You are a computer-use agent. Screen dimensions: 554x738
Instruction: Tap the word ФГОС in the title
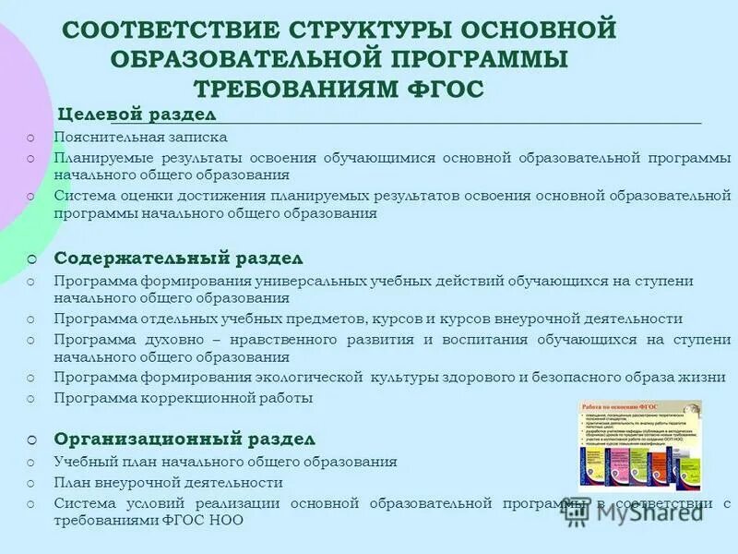click(x=447, y=88)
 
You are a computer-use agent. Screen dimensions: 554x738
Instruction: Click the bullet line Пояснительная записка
click(x=140, y=137)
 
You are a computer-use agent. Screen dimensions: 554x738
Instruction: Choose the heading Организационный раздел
click(x=184, y=438)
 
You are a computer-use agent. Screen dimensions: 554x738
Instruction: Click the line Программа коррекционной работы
click(x=184, y=398)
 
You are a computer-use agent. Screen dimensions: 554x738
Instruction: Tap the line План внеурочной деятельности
click(x=168, y=482)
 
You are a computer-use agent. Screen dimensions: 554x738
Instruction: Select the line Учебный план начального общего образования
click(x=225, y=462)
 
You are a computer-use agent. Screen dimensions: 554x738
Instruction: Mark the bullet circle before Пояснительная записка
click(x=31, y=138)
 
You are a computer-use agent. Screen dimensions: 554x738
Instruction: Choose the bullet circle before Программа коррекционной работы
click(x=31, y=399)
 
